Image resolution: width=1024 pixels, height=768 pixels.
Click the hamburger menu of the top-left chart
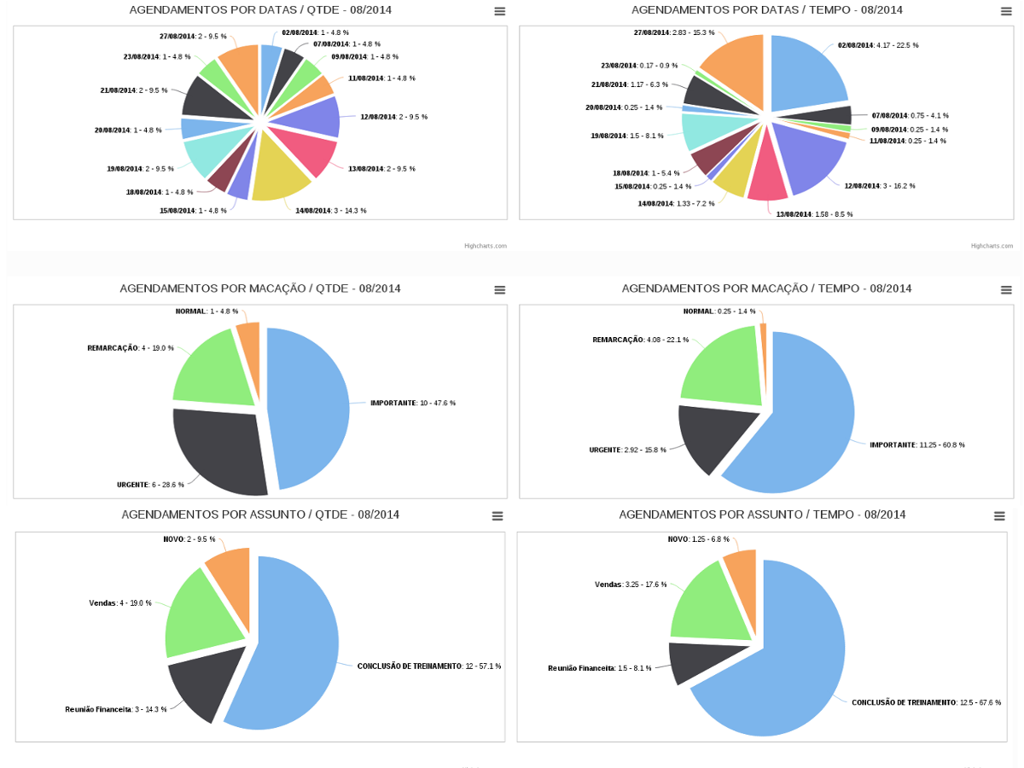tap(499, 11)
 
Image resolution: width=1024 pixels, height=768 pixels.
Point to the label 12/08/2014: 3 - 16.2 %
tap(879, 185)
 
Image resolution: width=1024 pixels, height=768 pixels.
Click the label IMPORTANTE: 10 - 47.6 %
tap(412, 403)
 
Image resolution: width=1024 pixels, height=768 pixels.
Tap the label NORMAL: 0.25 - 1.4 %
tap(719, 311)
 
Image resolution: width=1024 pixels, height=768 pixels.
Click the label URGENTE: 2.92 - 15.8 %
tap(627, 450)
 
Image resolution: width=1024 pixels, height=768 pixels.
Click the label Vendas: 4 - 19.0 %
tap(120, 603)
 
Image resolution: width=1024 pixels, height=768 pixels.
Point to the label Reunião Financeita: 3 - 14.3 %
tap(115, 709)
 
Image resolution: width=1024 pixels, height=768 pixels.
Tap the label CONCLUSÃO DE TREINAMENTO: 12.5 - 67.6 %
tap(926, 702)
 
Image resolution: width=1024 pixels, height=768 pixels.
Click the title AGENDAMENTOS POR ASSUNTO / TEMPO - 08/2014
tap(762, 515)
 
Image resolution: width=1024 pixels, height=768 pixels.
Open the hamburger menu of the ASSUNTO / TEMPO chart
tap(999, 516)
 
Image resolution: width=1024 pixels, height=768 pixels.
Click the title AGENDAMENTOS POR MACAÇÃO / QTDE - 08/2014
tap(260, 288)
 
